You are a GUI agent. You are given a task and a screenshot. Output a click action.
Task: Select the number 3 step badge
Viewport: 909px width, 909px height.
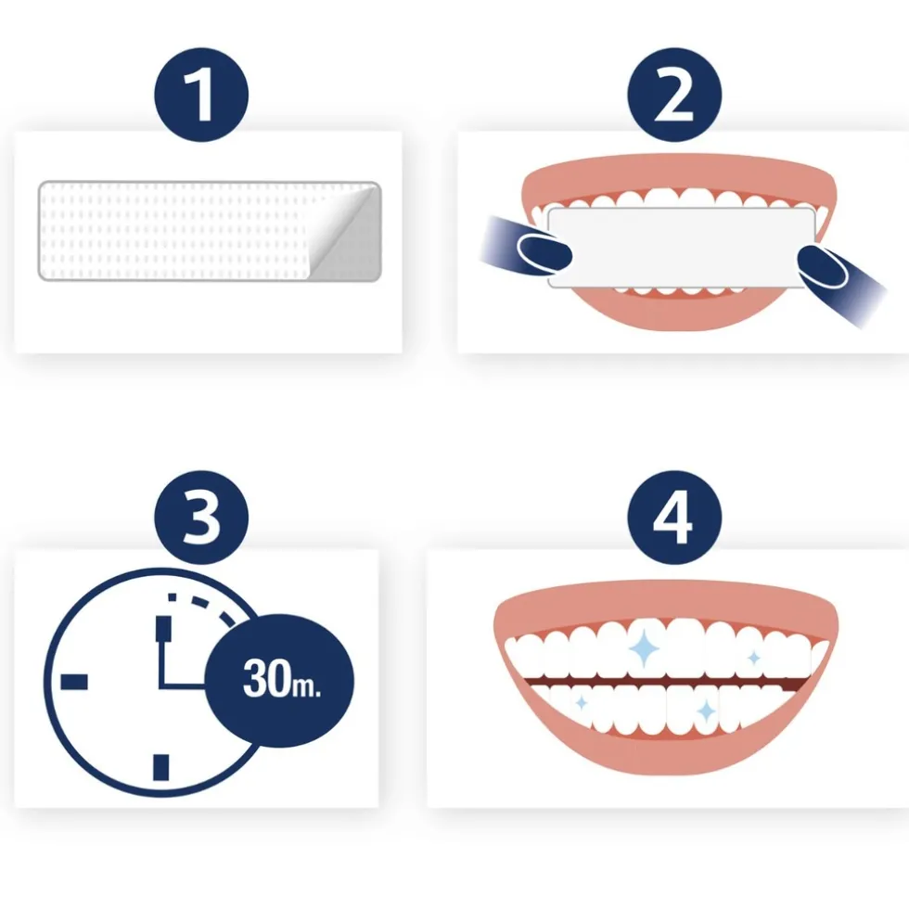coord(201,516)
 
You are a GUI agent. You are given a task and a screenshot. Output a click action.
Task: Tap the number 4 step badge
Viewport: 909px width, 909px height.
coord(674,516)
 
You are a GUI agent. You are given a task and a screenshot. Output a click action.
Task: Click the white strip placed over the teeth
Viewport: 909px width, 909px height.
coord(682,246)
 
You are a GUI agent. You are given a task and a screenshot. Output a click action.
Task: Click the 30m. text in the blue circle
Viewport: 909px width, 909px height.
coord(281,680)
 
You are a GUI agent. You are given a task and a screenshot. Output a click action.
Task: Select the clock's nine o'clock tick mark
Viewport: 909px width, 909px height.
coord(74,682)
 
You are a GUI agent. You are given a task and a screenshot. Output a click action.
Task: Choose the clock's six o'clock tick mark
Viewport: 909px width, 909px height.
coord(160,766)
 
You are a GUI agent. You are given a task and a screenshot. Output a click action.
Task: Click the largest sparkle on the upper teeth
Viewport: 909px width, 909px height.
coord(644,649)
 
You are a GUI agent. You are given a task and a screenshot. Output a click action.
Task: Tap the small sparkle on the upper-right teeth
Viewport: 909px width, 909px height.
coord(754,659)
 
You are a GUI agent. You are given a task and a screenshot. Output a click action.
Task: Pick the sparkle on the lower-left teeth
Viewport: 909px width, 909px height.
coord(582,703)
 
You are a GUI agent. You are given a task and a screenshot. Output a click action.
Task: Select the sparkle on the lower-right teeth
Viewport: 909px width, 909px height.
coord(706,711)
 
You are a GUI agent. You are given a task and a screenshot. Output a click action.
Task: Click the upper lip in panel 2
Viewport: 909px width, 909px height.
coord(678,173)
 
